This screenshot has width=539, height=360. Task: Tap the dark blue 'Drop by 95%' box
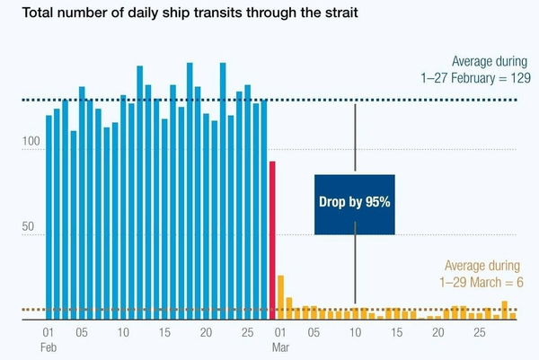coord(354,204)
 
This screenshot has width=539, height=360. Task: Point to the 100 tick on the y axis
coord(32,143)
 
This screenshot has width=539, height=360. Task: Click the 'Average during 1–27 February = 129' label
coord(476,71)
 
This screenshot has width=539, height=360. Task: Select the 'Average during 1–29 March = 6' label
coord(482,274)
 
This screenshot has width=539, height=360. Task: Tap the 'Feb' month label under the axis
coord(49,347)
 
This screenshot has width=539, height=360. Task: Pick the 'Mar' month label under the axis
coord(280,347)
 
